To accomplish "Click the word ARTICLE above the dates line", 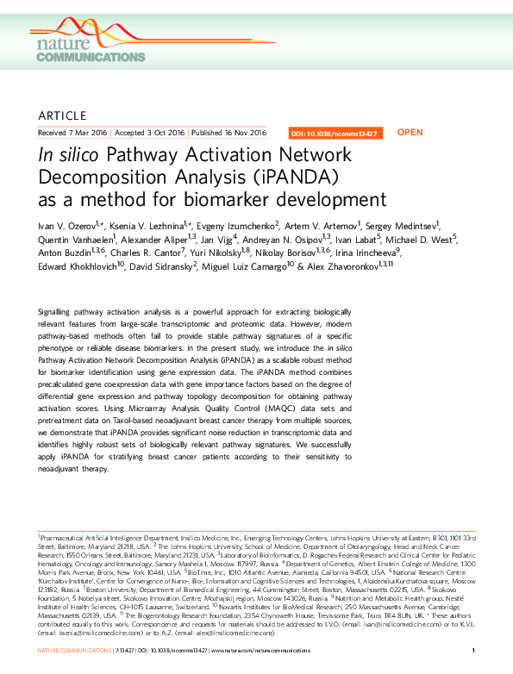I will (x=63, y=115).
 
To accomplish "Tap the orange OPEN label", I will (x=409, y=133).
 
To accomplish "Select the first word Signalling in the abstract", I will (x=58, y=333).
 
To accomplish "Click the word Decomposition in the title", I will (x=106, y=178).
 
